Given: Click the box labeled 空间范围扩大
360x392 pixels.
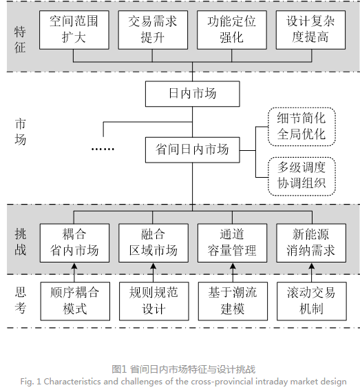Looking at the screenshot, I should click(74, 29).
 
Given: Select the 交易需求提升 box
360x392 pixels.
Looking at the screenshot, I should click(152, 29).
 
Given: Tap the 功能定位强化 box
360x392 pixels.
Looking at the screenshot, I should click(231, 29).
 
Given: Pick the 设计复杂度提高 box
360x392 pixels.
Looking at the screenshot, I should click(310, 29).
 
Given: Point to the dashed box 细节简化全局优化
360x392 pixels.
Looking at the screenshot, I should click(301, 125).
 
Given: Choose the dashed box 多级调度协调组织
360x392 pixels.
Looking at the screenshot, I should click(301, 175).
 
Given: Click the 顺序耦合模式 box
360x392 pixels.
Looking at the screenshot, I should click(74, 300).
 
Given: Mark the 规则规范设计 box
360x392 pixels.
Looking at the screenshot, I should click(152, 300).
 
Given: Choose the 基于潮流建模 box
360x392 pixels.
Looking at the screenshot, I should click(231, 300).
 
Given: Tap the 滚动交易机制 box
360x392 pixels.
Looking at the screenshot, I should click(310, 300).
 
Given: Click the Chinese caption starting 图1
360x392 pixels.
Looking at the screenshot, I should click(183, 369).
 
